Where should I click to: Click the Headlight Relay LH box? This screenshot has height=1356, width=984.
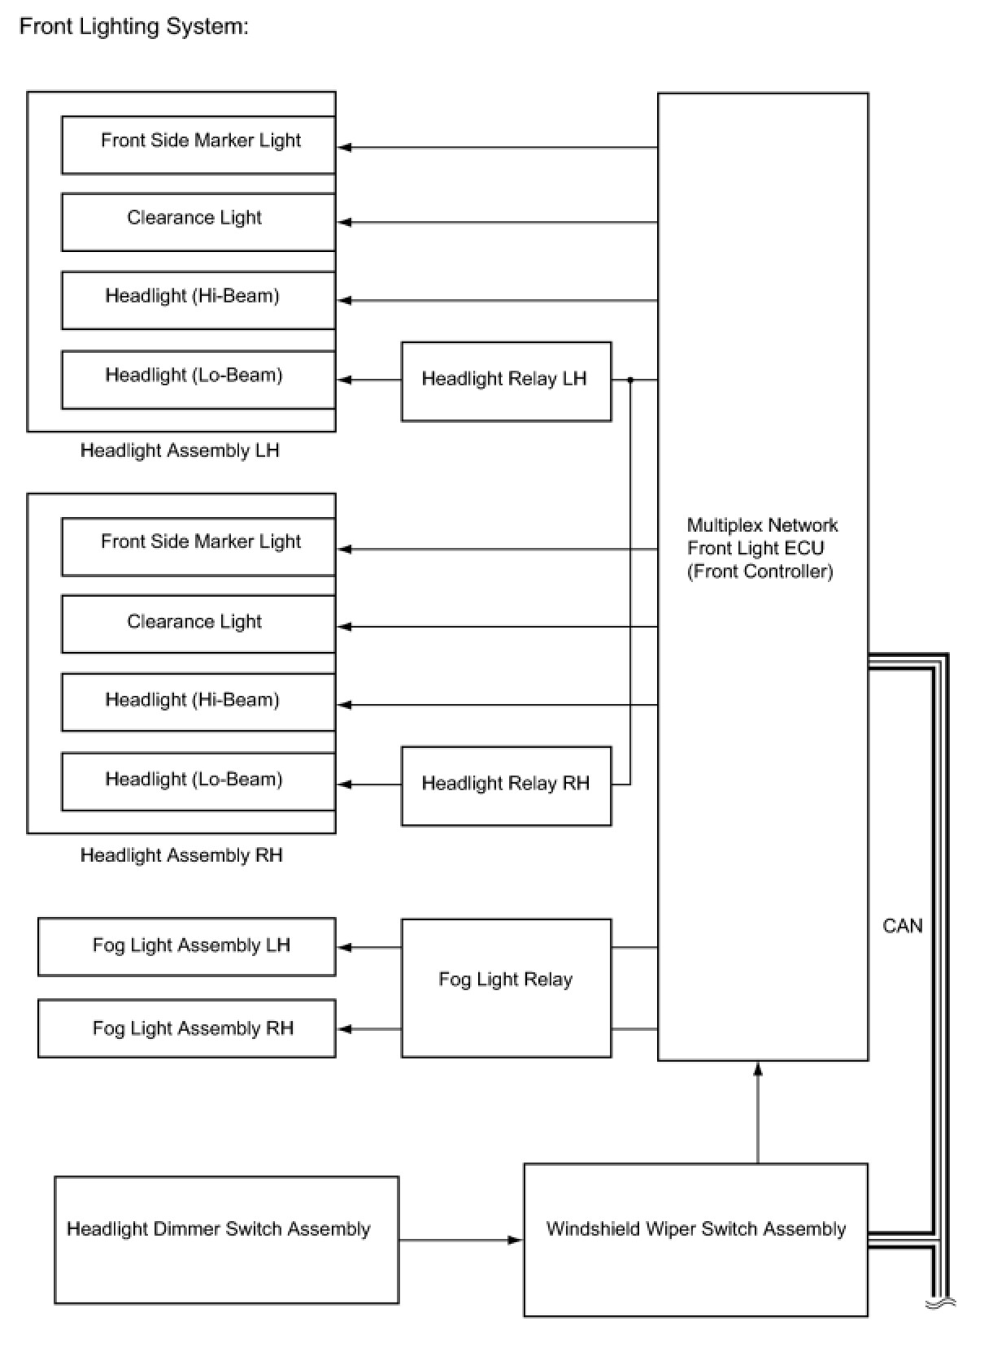coord(506,380)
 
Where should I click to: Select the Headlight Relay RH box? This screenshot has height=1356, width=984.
coord(506,785)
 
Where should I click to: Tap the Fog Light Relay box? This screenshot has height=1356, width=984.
coord(506,987)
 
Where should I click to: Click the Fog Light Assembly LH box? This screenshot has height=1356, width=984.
coord(187,946)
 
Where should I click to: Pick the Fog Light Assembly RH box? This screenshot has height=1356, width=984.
coord(187,1028)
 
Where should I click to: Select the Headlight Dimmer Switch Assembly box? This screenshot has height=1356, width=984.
coord(226,1239)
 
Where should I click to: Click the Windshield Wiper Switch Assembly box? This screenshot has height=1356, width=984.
coord(695,1239)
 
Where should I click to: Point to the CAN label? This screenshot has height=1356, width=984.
coord(902,925)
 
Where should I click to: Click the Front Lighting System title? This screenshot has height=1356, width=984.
coord(134,26)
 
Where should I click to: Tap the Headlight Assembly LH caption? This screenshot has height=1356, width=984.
coord(180,450)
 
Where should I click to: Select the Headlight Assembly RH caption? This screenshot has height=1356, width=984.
coord(181,855)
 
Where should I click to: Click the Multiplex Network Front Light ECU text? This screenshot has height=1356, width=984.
coord(761,548)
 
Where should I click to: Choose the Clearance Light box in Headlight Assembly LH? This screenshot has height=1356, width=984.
coord(198,221)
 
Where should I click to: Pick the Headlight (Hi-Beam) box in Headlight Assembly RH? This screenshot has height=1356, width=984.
coord(198,702)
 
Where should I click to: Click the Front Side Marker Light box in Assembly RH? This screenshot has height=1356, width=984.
coord(198,546)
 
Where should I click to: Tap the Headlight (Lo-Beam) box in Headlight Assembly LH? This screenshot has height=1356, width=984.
coord(198,379)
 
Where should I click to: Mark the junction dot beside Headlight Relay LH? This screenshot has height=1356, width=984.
coord(630,380)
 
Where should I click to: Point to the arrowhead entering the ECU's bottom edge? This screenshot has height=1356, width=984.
coord(758,1068)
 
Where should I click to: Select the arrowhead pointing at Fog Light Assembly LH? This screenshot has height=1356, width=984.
coord(345,947)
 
